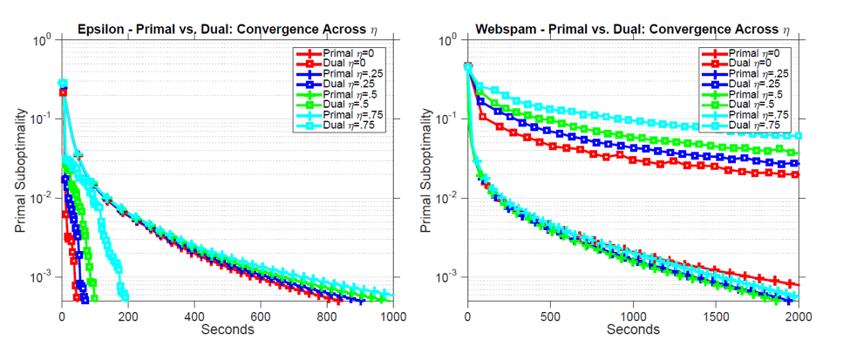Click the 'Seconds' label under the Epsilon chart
coord(228,329)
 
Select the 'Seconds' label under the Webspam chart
coord(634,329)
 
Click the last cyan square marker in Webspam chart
coord(798,135)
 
